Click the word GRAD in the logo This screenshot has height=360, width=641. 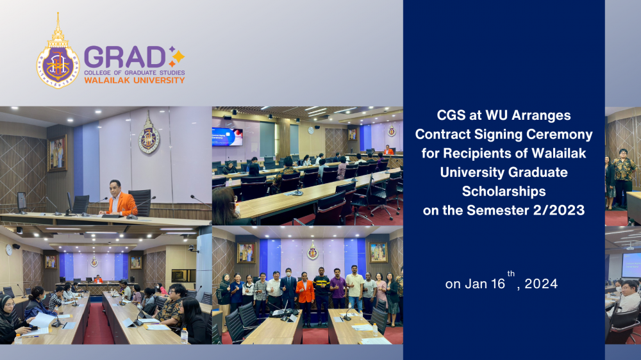125,57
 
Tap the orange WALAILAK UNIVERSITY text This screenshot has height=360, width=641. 135,80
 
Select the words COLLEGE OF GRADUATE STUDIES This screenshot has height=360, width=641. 135,73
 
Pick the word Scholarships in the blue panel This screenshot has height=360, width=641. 504,191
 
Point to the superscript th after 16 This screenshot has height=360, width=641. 511,274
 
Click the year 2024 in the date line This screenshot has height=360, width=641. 541,284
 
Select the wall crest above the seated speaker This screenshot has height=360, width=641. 149,133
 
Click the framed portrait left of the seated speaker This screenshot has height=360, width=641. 58,153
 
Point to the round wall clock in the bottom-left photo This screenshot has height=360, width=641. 9,250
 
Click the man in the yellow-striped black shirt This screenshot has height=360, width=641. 322,295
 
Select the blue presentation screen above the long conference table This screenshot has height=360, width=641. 228,136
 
